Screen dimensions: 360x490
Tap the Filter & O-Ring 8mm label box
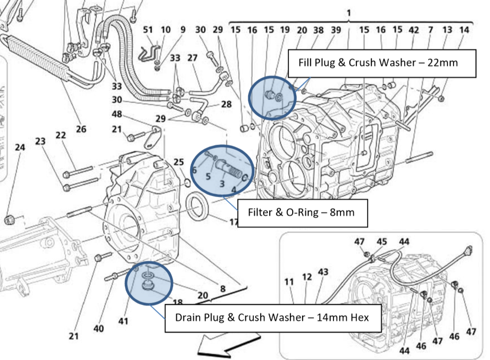[x=302, y=212]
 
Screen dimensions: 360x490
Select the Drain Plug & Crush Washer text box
[x=272, y=318]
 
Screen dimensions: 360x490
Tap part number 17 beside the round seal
[x=234, y=221]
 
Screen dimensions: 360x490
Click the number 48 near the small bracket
[x=117, y=115]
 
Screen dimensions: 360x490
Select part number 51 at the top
[x=148, y=30]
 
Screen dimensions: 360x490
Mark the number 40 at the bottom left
[x=98, y=329]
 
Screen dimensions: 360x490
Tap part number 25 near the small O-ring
[x=178, y=162]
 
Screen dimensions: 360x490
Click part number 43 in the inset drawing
[x=323, y=272]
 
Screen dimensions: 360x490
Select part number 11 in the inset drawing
[x=289, y=282]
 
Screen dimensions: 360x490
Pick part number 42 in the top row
[x=413, y=30]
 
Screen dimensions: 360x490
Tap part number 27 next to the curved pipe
[x=193, y=58]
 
